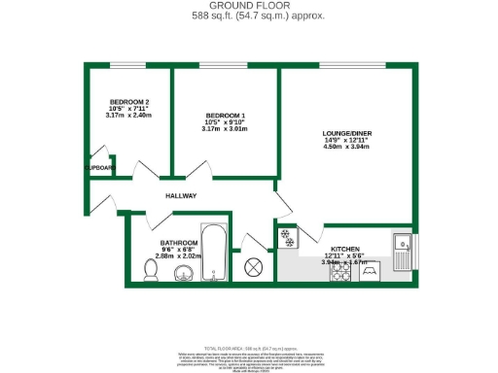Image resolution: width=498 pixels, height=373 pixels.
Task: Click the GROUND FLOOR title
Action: point(249,6)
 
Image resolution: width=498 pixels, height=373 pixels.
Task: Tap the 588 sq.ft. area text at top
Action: point(249,16)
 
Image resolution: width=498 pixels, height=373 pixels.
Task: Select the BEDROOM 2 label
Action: point(128,102)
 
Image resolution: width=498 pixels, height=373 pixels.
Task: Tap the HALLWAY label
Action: point(181,196)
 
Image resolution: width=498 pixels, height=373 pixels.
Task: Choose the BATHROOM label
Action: point(179,242)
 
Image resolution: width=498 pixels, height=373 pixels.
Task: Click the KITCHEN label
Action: point(345,249)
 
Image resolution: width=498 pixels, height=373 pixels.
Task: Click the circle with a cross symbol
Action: point(255,266)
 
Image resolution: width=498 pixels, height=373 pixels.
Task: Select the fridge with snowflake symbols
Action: point(287,236)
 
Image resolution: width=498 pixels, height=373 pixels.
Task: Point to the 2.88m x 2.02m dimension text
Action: point(179,257)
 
